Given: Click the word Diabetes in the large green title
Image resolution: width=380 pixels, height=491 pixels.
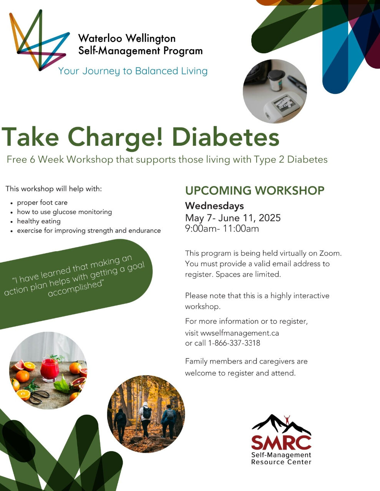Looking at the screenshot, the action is (x=226, y=137).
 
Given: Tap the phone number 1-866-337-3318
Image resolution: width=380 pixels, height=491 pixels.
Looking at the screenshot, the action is (x=234, y=343).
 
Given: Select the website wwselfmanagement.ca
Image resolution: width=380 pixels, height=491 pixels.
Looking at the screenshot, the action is (x=240, y=333).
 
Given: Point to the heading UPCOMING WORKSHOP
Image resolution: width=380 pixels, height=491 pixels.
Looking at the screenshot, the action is (x=255, y=190).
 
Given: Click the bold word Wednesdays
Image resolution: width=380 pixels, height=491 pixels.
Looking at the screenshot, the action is (x=214, y=206).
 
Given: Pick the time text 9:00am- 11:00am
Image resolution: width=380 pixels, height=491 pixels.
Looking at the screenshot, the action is (x=222, y=229).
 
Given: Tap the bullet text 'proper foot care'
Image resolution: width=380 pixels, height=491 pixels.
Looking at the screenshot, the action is (x=42, y=203).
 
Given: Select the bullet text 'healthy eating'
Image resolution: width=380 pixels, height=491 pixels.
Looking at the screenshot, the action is (x=39, y=221).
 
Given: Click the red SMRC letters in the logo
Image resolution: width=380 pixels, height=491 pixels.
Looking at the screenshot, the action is (x=281, y=443).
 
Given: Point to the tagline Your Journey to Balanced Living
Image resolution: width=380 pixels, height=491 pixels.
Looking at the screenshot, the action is (x=133, y=71).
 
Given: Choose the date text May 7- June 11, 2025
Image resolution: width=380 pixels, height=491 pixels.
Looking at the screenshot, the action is (x=233, y=218).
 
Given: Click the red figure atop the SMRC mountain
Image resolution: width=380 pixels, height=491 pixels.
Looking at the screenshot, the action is (x=287, y=419).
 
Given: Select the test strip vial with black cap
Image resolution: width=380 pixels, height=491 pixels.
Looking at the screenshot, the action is (x=275, y=80).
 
